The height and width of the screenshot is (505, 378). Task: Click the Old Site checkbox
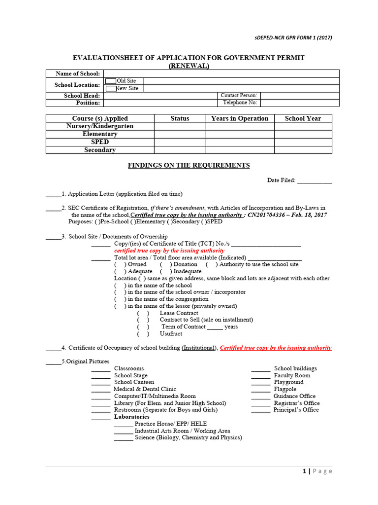[x=111, y=81]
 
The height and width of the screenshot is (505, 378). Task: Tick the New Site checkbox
[x=111, y=88]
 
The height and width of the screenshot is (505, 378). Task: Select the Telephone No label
[x=240, y=103]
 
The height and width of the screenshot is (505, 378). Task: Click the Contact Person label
[x=239, y=96]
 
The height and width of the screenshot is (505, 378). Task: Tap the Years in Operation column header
[x=240, y=118]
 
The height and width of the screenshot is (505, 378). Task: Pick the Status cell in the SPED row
[x=180, y=142]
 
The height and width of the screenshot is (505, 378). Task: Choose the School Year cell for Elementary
[x=303, y=134]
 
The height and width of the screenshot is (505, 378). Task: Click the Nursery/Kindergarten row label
[x=100, y=126]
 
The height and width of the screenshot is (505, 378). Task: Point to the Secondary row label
[x=100, y=150]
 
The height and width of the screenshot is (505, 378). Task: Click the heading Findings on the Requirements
[x=189, y=166]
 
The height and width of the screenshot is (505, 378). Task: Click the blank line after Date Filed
[x=315, y=181]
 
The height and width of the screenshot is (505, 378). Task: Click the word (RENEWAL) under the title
[x=189, y=66]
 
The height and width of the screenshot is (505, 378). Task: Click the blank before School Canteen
[x=101, y=383]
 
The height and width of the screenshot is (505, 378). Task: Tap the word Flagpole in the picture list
[x=285, y=389]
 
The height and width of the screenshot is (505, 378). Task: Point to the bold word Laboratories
[x=131, y=417]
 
